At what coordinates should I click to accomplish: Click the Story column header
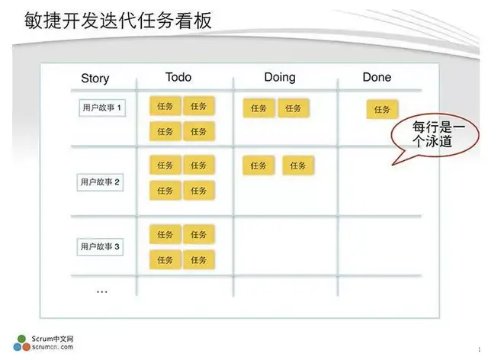[x=95, y=78]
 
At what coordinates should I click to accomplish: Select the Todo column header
[x=178, y=77]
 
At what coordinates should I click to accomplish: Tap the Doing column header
[x=280, y=77]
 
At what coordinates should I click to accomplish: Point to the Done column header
[x=377, y=77]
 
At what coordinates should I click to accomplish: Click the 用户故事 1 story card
[x=102, y=108]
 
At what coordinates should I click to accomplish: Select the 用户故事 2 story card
[x=100, y=182]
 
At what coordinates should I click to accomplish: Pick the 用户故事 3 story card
[x=100, y=246]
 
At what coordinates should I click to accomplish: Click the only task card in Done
[x=382, y=109]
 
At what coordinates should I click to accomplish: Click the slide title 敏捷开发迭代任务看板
[x=118, y=21]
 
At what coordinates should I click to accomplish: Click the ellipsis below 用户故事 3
[x=102, y=292]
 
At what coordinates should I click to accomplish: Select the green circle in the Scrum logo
[x=22, y=339]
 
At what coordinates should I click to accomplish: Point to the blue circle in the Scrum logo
[x=18, y=346]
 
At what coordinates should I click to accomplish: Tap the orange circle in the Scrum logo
[x=26, y=346]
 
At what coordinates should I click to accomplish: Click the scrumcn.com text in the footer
[x=53, y=347]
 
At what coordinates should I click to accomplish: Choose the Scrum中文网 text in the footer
[x=53, y=339]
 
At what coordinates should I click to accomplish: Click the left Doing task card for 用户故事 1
[x=258, y=108]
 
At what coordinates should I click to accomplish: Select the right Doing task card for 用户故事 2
[x=298, y=166]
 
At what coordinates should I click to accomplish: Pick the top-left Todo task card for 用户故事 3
[x=165, y=234]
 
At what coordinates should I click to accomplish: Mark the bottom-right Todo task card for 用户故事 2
[x=199, y=190]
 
